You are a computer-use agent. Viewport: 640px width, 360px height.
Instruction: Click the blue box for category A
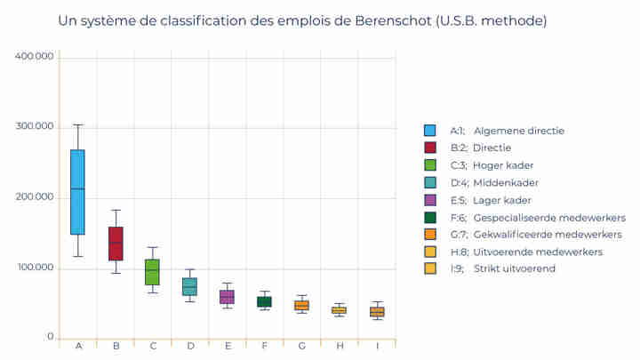pos(77,192)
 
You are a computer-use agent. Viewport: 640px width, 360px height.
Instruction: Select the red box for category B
pos(116,244)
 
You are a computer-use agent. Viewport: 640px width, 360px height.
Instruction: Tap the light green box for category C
pos(153,272)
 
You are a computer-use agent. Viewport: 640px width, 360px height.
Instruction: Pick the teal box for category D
pos(190,286)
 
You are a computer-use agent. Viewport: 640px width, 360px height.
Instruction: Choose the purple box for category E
pos(228,297)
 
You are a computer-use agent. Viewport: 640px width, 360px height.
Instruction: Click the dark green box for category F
pos(265,302)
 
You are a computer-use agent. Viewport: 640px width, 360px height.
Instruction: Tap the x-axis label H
pos(339,346)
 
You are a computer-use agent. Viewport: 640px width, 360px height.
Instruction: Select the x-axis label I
pos(377,346)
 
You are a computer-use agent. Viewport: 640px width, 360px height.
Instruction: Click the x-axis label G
pos(302,346)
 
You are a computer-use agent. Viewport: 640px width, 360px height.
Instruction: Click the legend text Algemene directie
pos(518,131)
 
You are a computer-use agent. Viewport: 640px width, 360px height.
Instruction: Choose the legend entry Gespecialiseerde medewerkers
pos(549,217)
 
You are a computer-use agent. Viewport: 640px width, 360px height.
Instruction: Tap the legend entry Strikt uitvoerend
pos(514,268)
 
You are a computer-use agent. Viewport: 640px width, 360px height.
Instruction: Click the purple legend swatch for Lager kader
pos(430,200)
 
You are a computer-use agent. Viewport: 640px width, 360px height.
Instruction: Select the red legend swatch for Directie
pos(430,148)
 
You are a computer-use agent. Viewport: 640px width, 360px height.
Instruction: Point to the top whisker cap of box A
pos(77,125)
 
